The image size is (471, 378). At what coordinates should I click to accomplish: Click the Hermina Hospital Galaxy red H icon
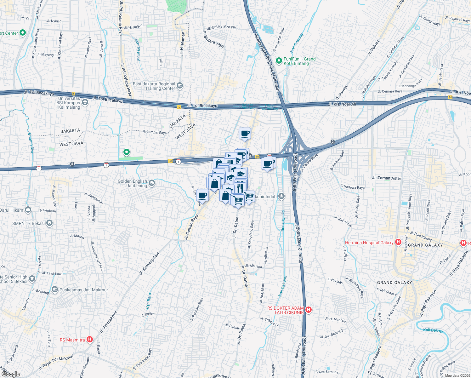[398, 242]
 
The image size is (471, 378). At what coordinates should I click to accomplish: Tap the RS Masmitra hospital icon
[90, 340]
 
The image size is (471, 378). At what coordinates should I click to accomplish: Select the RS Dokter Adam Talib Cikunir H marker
[309, 310]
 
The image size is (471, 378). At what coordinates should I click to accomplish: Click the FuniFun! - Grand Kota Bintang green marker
[279, 60]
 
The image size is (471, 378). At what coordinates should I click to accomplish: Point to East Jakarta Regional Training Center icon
[180, 86]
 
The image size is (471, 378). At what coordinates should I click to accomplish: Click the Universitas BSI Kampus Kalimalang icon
[85, 102]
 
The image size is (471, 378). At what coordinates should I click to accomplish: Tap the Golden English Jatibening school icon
[152, 183]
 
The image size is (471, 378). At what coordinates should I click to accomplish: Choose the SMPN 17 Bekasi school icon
[49, 223]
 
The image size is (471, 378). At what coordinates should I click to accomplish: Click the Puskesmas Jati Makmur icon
[55, 289]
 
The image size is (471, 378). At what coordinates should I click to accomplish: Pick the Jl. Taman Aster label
[387, 178]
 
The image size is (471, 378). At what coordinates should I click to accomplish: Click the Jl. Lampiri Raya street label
[154, 132]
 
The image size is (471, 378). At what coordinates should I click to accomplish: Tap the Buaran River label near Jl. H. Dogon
[138, 50]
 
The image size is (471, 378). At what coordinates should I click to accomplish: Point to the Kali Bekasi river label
[433, 330]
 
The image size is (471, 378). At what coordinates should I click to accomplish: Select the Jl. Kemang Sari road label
[150, 264]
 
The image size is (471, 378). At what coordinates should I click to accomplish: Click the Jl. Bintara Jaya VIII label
[221, 27]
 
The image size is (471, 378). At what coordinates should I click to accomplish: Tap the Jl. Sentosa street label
[48, 210]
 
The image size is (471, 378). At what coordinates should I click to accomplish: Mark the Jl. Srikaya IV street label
[270, 321]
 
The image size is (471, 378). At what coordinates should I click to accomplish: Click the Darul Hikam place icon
[28, 209]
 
